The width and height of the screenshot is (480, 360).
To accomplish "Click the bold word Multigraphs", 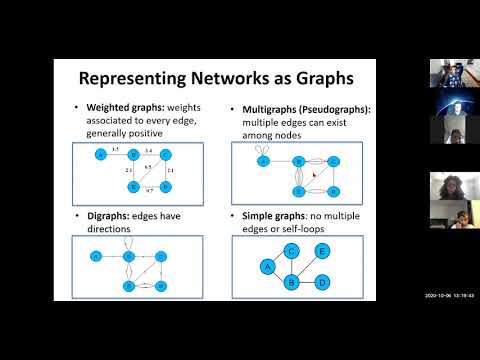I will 262,107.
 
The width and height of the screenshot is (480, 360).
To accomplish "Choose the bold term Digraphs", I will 112,214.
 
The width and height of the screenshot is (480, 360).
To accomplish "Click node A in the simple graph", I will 268,267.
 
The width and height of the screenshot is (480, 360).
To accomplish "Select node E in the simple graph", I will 322,251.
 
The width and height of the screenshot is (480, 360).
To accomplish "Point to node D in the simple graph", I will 322,284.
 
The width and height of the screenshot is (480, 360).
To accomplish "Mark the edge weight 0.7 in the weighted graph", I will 150,189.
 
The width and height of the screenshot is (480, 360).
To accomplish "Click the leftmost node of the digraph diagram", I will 97,256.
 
